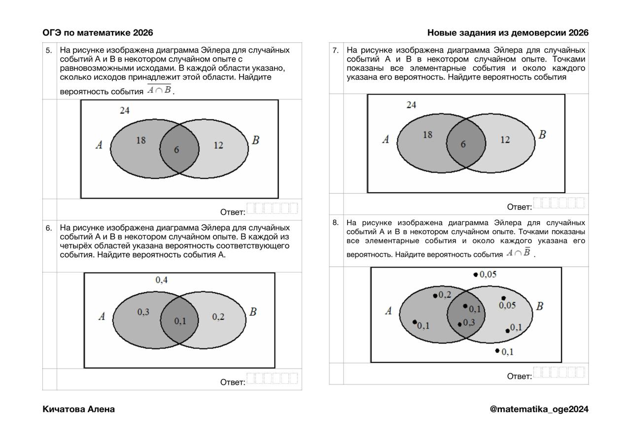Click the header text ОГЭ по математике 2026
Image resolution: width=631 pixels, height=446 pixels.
pyautogui.click(x=98, y=33)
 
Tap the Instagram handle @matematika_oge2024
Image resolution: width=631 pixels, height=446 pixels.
pyautogui.click(x=539, y=409)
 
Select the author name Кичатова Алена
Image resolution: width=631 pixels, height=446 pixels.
pyautogui.click(x=78, y=409)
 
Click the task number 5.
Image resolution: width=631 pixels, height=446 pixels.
pyautogui.click(x=49, y=50)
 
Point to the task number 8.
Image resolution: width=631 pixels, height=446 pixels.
pyautogui.click(x=335, y=223)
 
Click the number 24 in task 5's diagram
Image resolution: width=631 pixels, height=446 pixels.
pyautogui.click(x=125, y=110)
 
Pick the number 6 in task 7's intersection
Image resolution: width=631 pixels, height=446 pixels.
pyautogui.click(x=463, y=144)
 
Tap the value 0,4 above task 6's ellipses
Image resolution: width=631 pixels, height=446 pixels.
pyautogui.click(x=161, y=280)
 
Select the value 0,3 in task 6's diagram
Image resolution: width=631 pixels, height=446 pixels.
pyautogui.click(x=143, y=312)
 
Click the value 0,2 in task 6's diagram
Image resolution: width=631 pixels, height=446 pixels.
pyautogui.click(x=218, y=317)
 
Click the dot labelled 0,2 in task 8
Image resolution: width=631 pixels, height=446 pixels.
pyautogui.click(x=435, y=296)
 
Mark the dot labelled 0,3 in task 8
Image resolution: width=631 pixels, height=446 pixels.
pyautogui.click(x=460, y=324)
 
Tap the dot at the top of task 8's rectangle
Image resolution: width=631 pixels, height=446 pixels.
pyautogui.click(x=476, y=274)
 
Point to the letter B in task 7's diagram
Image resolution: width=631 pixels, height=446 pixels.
pyautogui.click(x=542, y=135)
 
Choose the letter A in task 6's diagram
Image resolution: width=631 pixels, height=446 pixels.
pyautogui.click(x=102, y=316)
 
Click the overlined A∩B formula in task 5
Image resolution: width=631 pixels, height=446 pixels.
pyautogui.click(x=159, y=90)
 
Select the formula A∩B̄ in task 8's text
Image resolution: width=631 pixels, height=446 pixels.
pyautogui.click(x=519, y=252)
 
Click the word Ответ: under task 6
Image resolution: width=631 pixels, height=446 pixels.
pyautogui.click(x=233, y=382)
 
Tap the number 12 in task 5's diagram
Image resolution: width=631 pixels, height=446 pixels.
pyautogui.click(x=218, y=145)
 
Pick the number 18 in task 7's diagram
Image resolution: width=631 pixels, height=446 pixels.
pyautogui.click(x=427, y=135)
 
